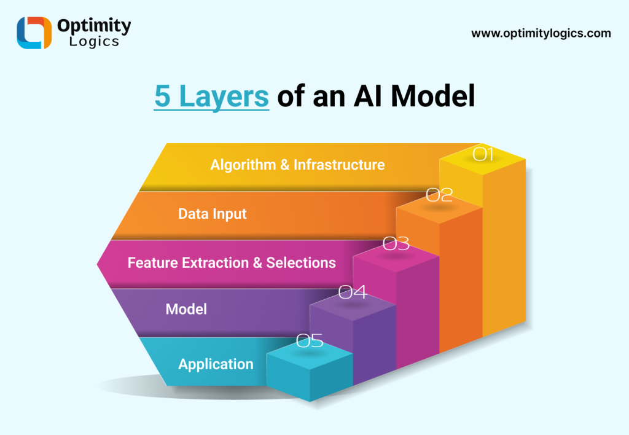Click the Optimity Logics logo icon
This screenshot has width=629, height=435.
[x=34, y=33]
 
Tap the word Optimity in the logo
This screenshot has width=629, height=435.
[x=93, y=26]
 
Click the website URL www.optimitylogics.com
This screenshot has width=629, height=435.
[x=541, y=33]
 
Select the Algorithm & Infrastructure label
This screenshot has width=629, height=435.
[x=297, y=165]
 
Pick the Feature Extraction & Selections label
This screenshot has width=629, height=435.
[x=232, y=263]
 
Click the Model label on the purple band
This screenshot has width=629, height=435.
[x=186, y=309]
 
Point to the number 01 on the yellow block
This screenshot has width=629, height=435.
[x=483, y=154]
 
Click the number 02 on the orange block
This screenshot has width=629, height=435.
[x=439, y=195]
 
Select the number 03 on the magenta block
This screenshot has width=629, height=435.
[x=396, y=244]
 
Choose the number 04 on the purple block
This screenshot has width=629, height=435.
[x=353, y=292]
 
